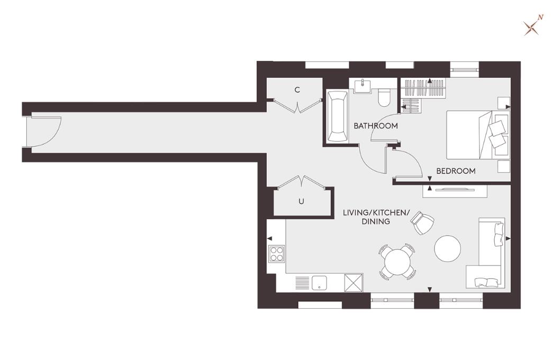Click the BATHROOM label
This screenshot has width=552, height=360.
coord(375,126)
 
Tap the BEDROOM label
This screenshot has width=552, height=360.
coord(455,171)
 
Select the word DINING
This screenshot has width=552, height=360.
coord(376,221)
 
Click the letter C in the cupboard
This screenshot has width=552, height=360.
coord(297,90)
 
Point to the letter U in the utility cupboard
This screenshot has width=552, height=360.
coord(301,201)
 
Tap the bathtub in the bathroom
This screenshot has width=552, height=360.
coord(337,116)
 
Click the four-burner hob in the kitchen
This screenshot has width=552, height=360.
coord(277,254)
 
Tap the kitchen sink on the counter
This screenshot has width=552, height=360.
coord(320,283)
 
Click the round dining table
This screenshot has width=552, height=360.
coord(396,262)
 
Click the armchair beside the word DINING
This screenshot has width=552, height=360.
coord(423,223)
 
